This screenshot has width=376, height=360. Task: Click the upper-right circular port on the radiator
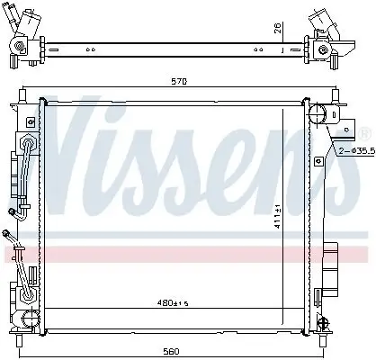point(318,114)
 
